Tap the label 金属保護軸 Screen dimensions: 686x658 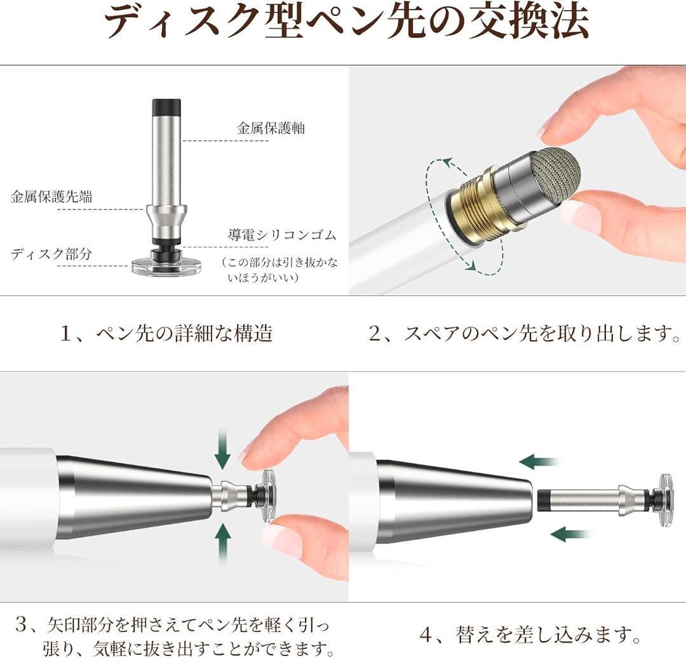click(x=270, y=128)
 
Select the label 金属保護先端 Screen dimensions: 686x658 click(x=51, y=196)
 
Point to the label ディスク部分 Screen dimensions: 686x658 click(x=51, y=254)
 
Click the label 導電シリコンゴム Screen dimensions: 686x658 click(x=282, y=236)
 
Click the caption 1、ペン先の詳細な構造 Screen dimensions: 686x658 click(x=166, y=333)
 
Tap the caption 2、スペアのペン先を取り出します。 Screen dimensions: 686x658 click(x=524, y=333)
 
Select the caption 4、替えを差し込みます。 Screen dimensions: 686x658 click(x=530, y=634)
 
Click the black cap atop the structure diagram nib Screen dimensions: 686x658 click(x=166, y=106)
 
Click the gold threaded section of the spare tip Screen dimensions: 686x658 click(x=474, y=206)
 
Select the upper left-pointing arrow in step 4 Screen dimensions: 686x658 click(x=539, y=462)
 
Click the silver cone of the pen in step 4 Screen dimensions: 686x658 click(x=454, y=501)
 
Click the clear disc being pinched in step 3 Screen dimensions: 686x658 click(x=268, y=495)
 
